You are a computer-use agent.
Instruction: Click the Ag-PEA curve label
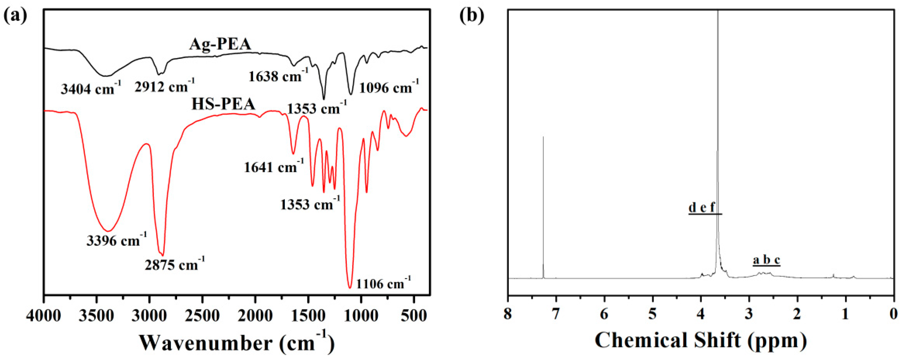220,45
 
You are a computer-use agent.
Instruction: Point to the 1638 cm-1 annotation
278,75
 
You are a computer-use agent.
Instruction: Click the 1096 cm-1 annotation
389,87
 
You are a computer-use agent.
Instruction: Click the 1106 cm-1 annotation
383,283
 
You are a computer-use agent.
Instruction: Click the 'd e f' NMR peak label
702,207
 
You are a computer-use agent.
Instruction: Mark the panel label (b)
472,16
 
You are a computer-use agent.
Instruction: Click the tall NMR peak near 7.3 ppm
543,207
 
